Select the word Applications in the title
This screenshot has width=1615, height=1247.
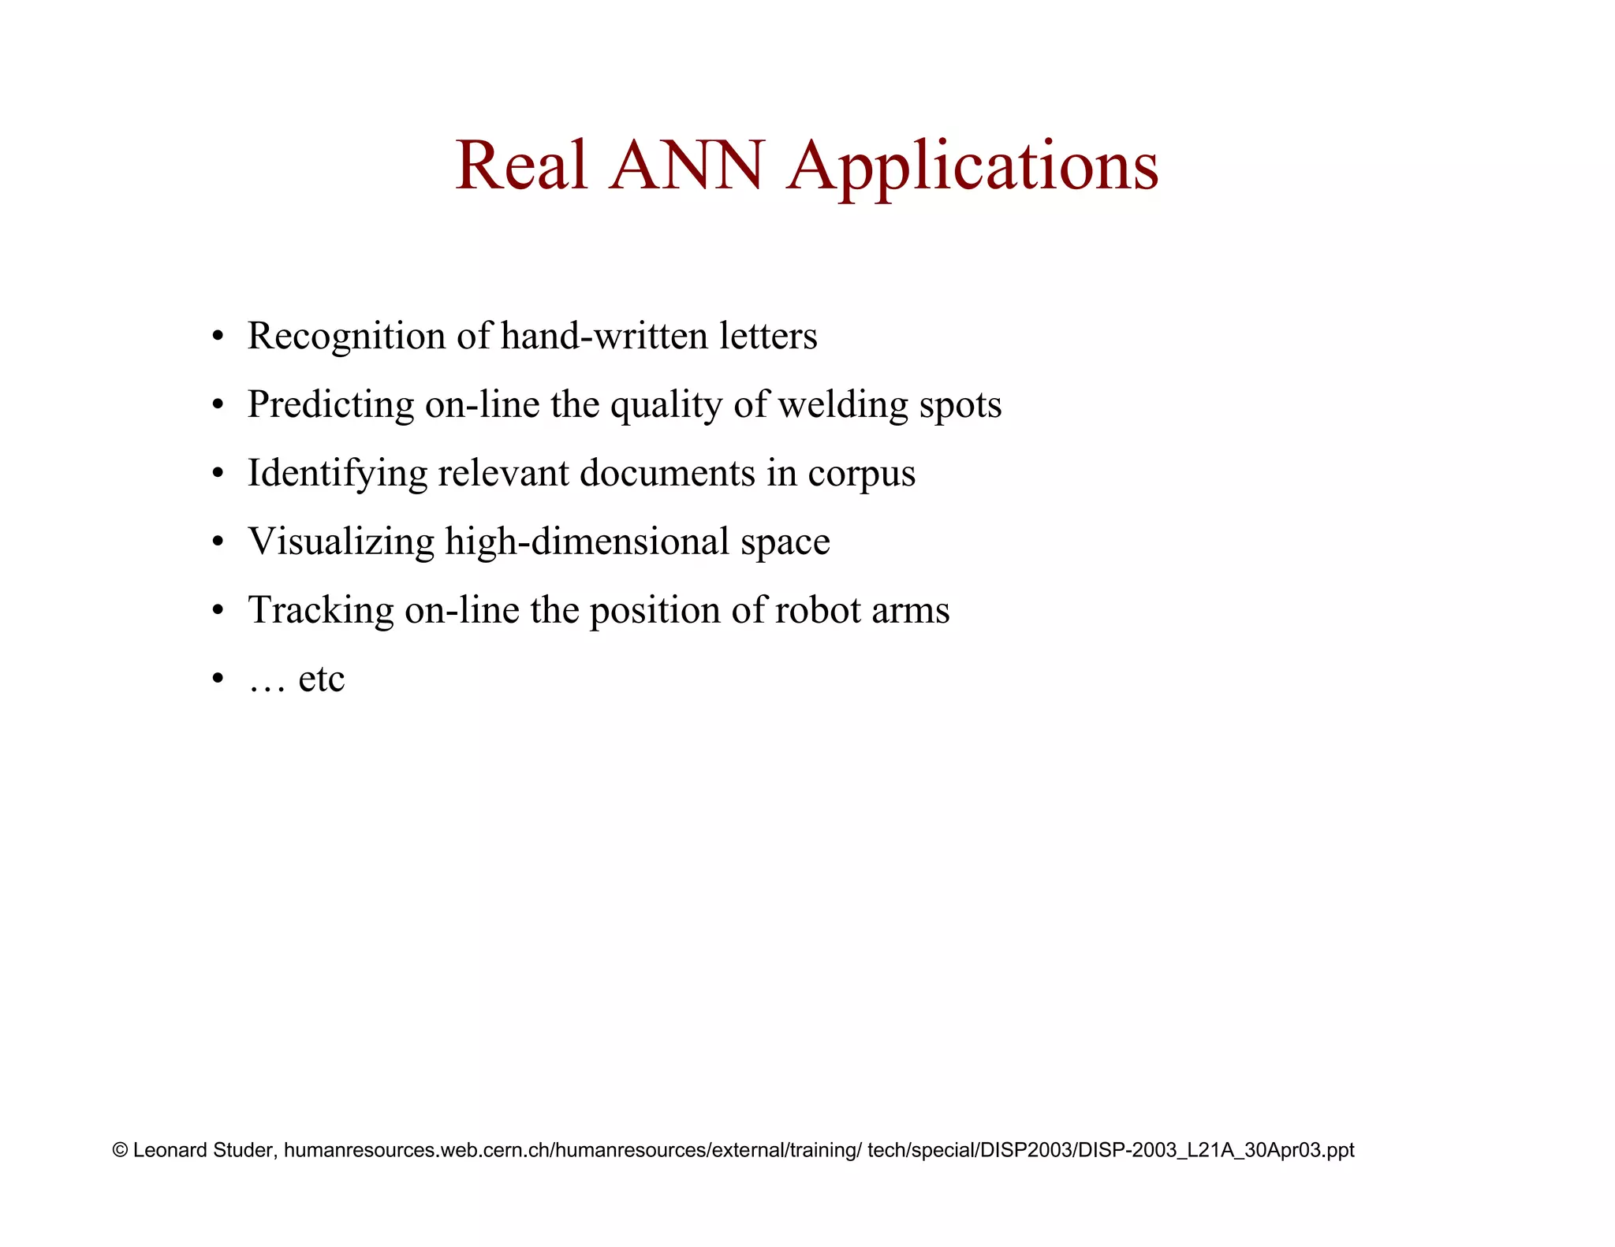973,167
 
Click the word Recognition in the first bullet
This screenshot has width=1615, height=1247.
347,337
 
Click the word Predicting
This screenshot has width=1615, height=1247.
331,405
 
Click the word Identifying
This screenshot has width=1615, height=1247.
338,474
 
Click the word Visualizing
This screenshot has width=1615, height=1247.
341,542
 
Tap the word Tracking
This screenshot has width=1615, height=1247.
321,611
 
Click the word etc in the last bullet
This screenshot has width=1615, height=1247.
322,679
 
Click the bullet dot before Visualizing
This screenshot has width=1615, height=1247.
218,543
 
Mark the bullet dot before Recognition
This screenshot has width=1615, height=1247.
218,337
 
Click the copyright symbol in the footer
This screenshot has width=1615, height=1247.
121,1150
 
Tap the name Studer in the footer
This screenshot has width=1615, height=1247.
244,1150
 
